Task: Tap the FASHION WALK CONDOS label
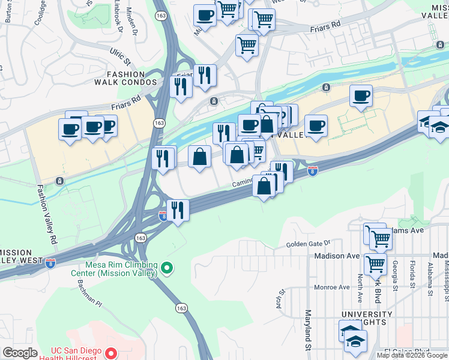click(x=124, y=82)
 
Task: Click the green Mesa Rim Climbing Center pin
click(x=167, y=268)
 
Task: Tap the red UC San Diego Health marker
click(x=110, y=353)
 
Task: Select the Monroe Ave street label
click(x=332, y=287)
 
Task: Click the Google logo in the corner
click(x=20, y=353)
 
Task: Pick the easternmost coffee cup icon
click(x=361, y=96)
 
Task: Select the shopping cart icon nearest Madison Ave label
click(x=375, y=263)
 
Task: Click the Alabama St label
click(x=430, y=273)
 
